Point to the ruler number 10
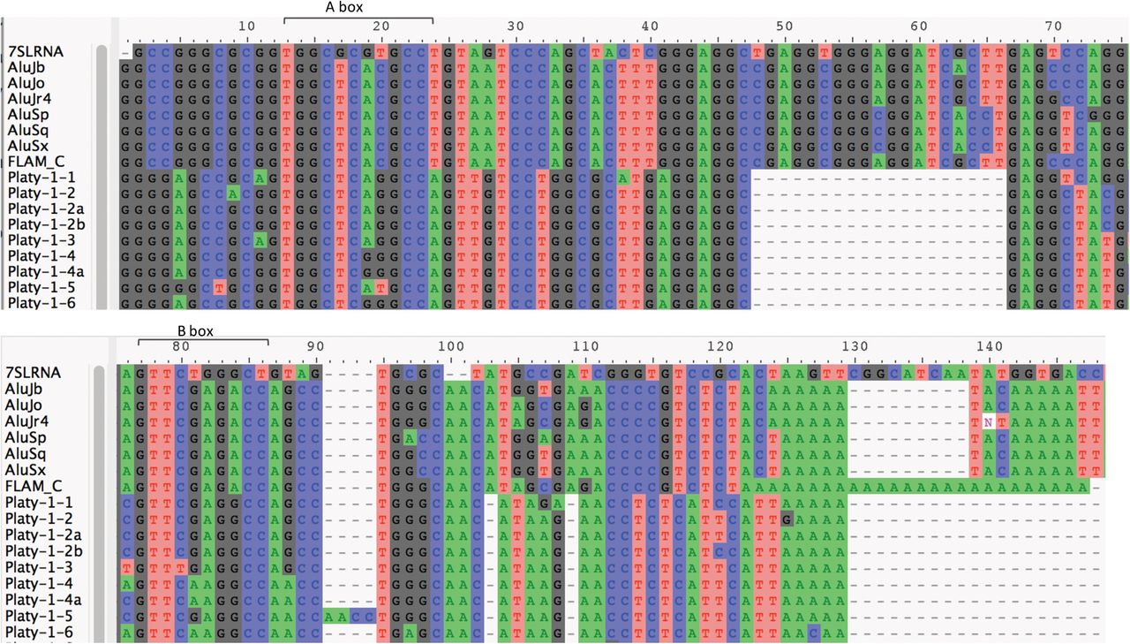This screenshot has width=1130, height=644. (x=246, y=26)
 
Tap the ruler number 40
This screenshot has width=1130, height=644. (x=650, y=26)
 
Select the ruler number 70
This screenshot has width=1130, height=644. (x=1052, y=26)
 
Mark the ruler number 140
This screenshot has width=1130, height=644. (x=987, y=345)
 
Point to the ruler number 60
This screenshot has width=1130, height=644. (x=918, y=26)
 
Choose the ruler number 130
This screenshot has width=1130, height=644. (x=853, y=345)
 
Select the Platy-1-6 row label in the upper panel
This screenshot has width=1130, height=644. (x=40, y=303)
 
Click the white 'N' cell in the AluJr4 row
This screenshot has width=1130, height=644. (x=989, y=422)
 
